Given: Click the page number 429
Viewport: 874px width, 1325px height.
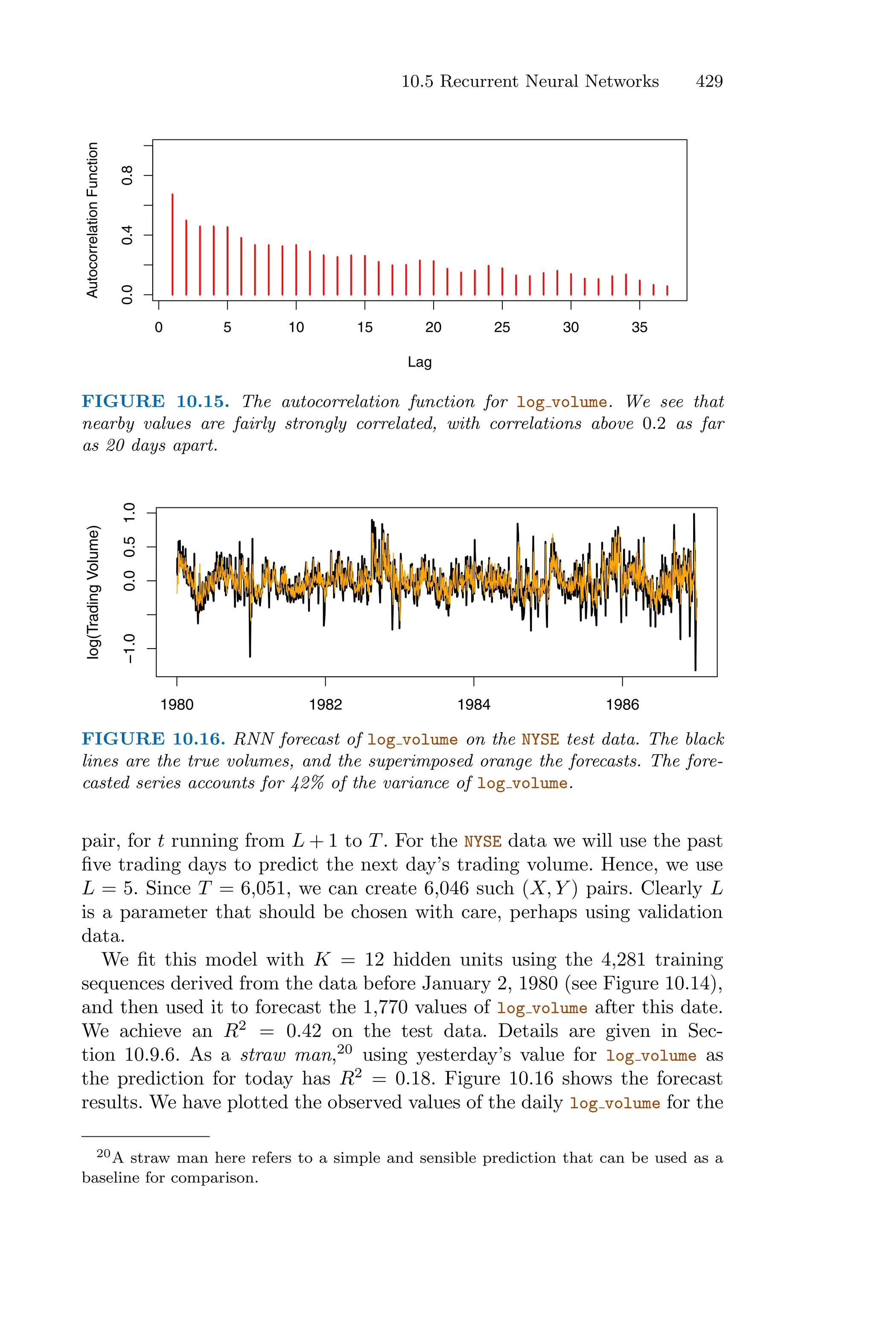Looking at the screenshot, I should point(709,82).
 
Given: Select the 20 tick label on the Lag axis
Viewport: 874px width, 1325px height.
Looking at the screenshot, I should point(433,328).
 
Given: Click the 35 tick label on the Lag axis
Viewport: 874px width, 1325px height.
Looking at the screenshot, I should point(639,328).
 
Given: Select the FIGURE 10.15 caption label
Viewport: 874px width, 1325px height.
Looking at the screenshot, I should point(155,402).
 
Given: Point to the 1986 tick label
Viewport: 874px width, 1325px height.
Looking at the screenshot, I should point(622,705).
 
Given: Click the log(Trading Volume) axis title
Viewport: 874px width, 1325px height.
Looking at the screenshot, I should point(93,592).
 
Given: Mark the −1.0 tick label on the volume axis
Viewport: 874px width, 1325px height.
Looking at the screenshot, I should point(129,649).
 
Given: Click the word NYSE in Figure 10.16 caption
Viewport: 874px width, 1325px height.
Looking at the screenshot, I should point(540,740).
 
